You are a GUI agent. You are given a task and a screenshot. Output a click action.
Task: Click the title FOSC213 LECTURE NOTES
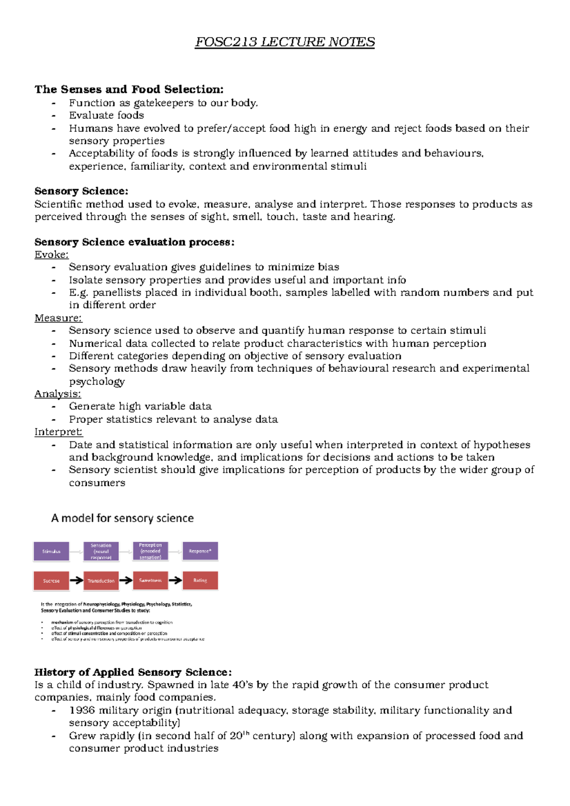tap(285, 42)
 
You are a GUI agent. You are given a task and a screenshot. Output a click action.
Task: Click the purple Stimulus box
tap(51, 551)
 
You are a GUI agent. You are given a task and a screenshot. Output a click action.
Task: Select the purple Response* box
tap(200, 551)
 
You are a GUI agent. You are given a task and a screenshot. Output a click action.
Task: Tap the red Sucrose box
tap(51, 581)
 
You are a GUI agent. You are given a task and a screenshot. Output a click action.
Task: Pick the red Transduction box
tap(101, 581)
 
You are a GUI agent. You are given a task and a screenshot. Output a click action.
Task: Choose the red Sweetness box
tap(150, 581)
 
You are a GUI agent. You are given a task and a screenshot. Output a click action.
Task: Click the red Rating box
tap(200, 581)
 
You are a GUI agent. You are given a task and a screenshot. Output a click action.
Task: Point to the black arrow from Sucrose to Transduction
tap(76, 580)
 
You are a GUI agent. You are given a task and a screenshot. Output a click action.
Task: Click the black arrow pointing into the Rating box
tap(175, 580)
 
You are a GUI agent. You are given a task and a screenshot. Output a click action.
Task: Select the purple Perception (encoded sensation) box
tap(150, 551)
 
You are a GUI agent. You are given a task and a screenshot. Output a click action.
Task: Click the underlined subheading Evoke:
tap(51, 254)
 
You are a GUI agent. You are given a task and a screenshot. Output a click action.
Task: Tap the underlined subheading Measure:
tap(58, 318)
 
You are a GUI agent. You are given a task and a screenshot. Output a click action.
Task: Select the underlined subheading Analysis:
tap(57, 394)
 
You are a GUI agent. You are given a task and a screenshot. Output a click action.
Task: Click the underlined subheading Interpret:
tap(58, 432)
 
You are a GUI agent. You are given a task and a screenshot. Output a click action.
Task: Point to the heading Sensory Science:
tap(81, 191)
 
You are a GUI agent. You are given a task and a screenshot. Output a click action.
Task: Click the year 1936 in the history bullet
tap(82, 710)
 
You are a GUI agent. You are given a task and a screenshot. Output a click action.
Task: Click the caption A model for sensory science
tap(122, 518)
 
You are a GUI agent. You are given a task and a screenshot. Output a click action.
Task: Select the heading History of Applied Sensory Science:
tap(133, 672)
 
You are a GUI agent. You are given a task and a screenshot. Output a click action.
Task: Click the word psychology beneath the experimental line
tap(97, 382)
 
